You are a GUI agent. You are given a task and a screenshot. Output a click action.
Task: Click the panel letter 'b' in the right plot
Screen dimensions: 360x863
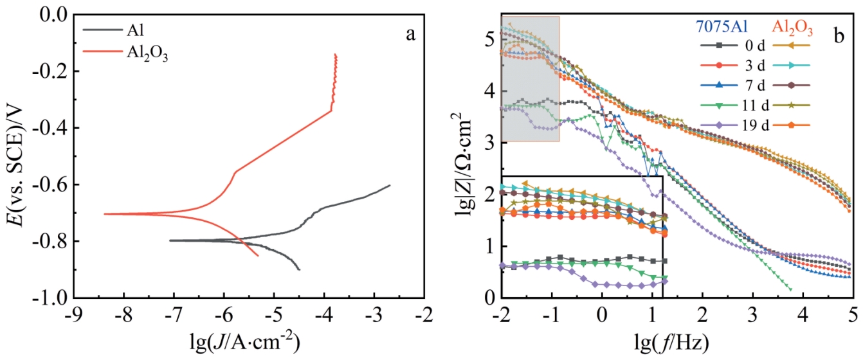839,36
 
